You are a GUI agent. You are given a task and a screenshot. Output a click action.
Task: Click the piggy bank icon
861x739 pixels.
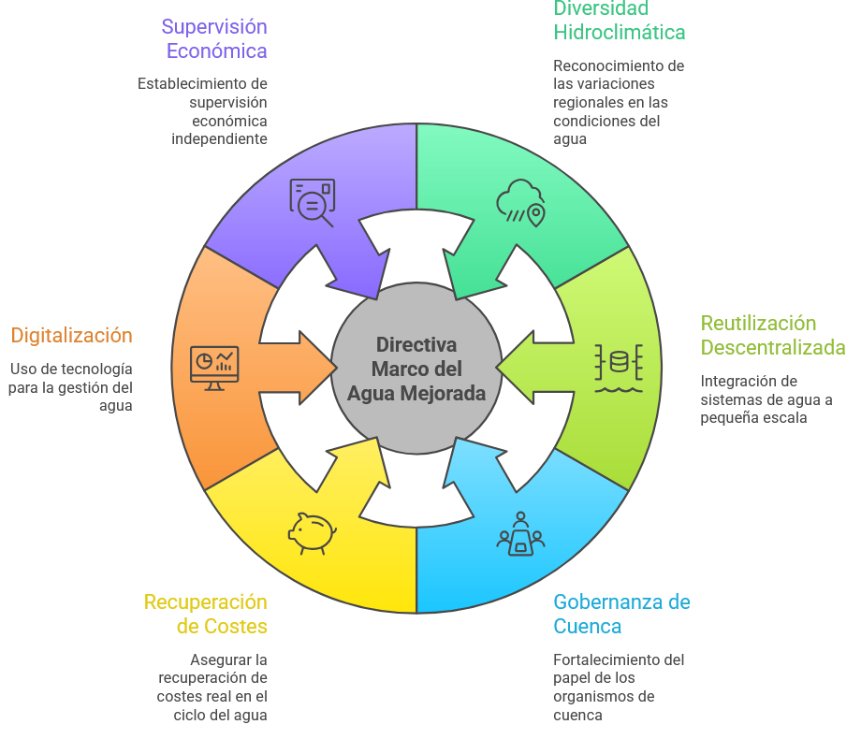(x=312, y=533)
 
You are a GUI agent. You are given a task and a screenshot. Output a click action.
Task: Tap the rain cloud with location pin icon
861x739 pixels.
(x=521, y=202)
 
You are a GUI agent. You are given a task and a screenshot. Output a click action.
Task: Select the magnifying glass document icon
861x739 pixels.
(x=312, y=202)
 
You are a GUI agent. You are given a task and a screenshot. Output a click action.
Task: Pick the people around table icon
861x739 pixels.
(x=521, y=534)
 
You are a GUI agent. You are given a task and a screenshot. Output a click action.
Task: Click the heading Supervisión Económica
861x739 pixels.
(x=214, y=38)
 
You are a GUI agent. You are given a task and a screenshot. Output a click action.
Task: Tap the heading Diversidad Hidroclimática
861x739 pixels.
(x=620, y=21)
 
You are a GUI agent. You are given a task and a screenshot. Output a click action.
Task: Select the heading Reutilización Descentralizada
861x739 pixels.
(x=773, y=335)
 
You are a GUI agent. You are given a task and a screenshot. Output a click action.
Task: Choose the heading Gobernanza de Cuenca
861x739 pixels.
(x=621, y=614)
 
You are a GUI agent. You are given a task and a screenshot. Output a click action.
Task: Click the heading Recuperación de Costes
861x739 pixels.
(x=206, y=614)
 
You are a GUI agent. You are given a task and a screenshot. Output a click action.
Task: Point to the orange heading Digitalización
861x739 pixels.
(x=72, y=335)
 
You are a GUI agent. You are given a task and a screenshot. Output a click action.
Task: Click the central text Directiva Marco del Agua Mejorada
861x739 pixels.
(x=416, y=369)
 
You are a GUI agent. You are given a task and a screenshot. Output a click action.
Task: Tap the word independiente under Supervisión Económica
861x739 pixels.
(x=219, y=138)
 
